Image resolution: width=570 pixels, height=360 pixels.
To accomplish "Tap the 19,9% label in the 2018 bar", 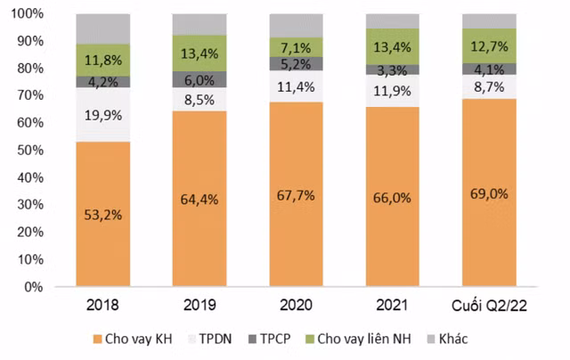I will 103,114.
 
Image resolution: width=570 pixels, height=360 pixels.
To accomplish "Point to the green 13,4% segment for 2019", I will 199,53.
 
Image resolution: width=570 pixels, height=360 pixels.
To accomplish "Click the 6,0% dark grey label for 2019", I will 199,79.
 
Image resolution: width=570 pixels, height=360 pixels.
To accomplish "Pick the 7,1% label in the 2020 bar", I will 297,46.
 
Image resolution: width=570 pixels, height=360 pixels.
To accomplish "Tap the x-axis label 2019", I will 199,306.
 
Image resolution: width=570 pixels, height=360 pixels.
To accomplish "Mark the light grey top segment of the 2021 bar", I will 393,20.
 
